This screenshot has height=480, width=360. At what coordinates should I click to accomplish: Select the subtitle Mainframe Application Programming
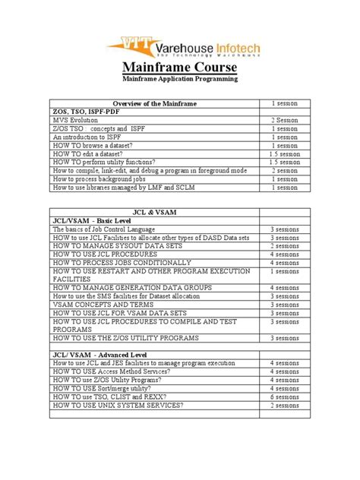179,78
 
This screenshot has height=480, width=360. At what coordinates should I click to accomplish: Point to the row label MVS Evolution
76,120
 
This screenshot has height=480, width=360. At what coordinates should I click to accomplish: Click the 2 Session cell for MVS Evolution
285,120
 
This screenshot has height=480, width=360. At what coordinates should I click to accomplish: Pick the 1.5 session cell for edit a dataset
285,153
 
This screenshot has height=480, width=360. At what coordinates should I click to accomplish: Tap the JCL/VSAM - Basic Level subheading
91,218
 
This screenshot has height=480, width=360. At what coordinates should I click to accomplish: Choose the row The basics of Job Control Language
104,229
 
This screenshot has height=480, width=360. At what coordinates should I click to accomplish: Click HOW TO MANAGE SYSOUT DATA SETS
114,245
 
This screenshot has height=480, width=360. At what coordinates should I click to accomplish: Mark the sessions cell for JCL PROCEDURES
285,254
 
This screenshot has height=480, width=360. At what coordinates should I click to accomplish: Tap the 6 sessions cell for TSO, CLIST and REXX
285,396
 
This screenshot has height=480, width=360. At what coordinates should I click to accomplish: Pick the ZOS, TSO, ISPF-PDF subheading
86,112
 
